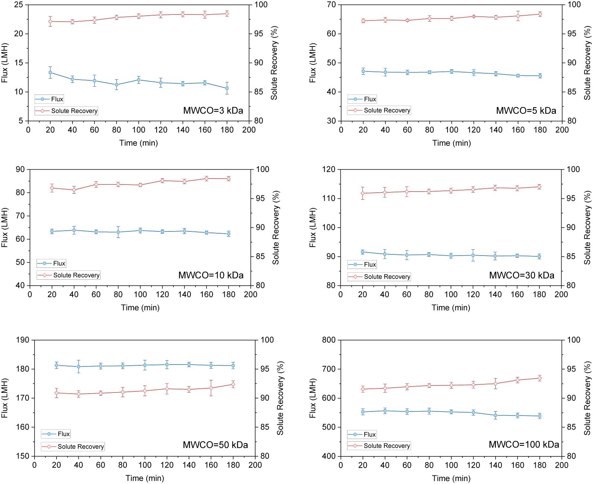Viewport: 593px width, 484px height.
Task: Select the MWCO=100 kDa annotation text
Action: pos(523,445)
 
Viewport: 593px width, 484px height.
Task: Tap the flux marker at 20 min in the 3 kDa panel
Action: pos(50,73)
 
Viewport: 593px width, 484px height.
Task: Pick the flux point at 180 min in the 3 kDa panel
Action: pos(227,88)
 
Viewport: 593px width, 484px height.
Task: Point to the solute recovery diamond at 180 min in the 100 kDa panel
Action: pos(539,378)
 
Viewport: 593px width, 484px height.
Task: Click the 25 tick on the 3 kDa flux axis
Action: pos(18,5)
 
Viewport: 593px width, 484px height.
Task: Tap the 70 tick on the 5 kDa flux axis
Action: pos(331,5)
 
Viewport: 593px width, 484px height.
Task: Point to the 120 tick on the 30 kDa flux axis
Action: pos(330,170)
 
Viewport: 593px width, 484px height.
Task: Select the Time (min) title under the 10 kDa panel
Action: pos(140,308)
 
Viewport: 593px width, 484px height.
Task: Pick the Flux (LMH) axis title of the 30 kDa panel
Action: pos(312,228)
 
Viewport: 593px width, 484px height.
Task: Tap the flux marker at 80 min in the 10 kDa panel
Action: pos(118,232)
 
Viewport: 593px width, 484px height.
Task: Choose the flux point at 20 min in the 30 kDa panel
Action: pos(362,252)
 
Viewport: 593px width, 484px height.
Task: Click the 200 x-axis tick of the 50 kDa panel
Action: pos(255,465)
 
